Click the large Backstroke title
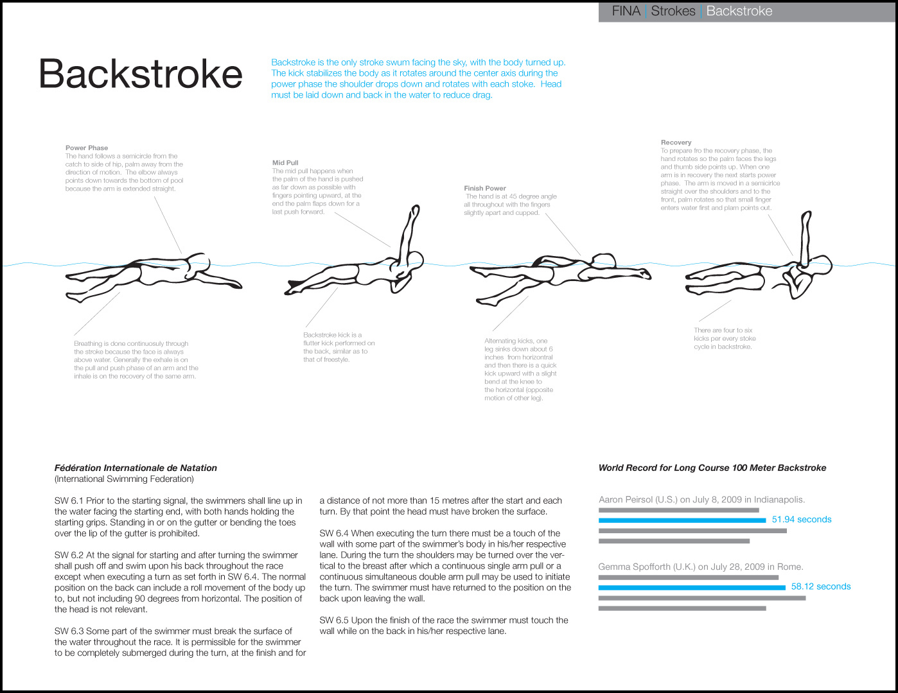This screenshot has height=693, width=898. pos(140,74)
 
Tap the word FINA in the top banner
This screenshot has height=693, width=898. pos(626,11)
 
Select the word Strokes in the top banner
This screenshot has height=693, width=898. pos(673,11)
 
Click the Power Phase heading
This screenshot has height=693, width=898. pos(87,148)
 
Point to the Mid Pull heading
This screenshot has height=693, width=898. pos(285,163)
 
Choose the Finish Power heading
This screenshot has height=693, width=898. pos(485,188)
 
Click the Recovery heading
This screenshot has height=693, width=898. pos(676,142)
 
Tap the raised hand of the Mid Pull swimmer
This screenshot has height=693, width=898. pos(415,211)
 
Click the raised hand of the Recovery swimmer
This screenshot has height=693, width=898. pos(805,218)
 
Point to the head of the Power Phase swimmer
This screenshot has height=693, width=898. pos(198,264)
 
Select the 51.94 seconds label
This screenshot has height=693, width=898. pos(801,519)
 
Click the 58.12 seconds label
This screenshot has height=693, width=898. pos(820,586)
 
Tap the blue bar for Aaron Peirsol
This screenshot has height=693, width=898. pos(682,520)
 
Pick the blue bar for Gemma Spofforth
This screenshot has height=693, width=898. pos(691,587)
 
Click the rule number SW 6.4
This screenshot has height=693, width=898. pos(333,533)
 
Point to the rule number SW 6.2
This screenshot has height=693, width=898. pos(69,555)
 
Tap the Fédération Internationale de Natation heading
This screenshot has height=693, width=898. pos(136,468)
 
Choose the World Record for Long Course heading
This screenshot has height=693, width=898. pos(712,468)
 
